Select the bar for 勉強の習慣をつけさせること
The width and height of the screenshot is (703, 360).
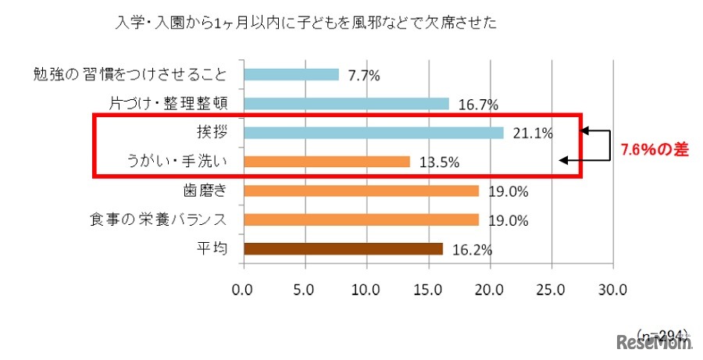(291, 75)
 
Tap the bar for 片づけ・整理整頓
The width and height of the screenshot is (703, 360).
(347, 104)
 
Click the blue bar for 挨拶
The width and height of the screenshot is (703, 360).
(374, 133)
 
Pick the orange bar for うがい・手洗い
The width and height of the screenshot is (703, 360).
(327, 162)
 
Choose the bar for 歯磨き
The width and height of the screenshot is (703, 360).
(361, 191)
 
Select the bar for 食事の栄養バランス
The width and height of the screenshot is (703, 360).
(361, 219)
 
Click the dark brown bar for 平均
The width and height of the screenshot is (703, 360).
(344, 249)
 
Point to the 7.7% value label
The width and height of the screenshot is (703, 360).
(363, 76)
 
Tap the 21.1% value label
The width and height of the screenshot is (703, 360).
(533, 134)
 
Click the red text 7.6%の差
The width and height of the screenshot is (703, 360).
(654, 150)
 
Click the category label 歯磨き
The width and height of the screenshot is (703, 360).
(205, 191)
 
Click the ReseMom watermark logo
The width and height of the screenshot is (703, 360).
(654, 343)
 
